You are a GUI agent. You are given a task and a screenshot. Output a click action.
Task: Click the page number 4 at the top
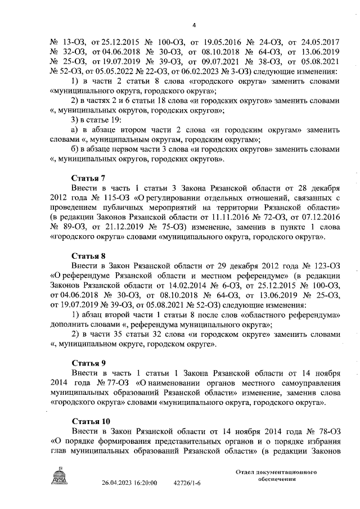194,24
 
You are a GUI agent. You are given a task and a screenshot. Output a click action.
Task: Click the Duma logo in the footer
58,477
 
